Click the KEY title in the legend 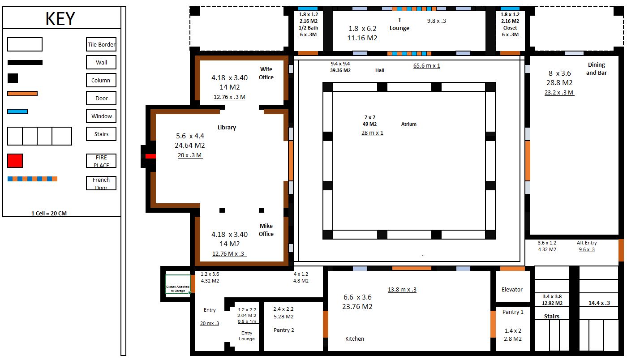(60, 19)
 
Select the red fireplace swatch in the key (15, 160)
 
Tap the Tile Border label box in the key (101, 44)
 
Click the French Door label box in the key (101, 183)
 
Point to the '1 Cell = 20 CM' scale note (49, 213)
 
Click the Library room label (227, 128)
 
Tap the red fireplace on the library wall (150, 156)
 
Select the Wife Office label (266, 73)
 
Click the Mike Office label (266, 230)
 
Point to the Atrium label (409, 124)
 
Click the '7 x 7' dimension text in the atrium (369, 117)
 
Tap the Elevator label (512, 290)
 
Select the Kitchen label (355, 339)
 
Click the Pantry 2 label (284, 330)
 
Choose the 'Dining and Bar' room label (596, 69)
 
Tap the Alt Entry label (587, 243)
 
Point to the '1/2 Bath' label (308, 28)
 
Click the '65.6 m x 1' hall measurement (426, 65)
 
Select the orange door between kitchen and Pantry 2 (326, 324)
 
